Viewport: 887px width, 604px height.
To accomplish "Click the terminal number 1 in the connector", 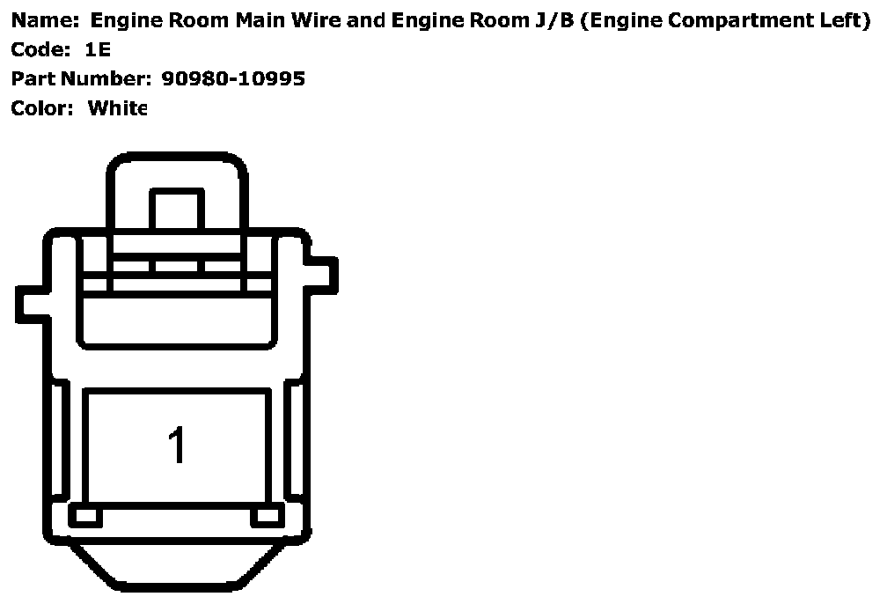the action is [177, 446].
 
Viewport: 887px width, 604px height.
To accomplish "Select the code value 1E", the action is [99, 49].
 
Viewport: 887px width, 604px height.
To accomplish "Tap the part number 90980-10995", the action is [233, 78].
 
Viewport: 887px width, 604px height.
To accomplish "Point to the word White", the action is [117, 107].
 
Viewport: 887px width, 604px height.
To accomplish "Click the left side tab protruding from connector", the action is [30, 303].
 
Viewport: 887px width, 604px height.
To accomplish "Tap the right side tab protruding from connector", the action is [323, 272].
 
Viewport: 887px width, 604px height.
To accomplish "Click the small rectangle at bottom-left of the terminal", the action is [85, 517].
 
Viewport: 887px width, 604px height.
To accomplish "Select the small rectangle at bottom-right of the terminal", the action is [267, 517].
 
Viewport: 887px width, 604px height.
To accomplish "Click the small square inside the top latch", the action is [177, 211].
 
